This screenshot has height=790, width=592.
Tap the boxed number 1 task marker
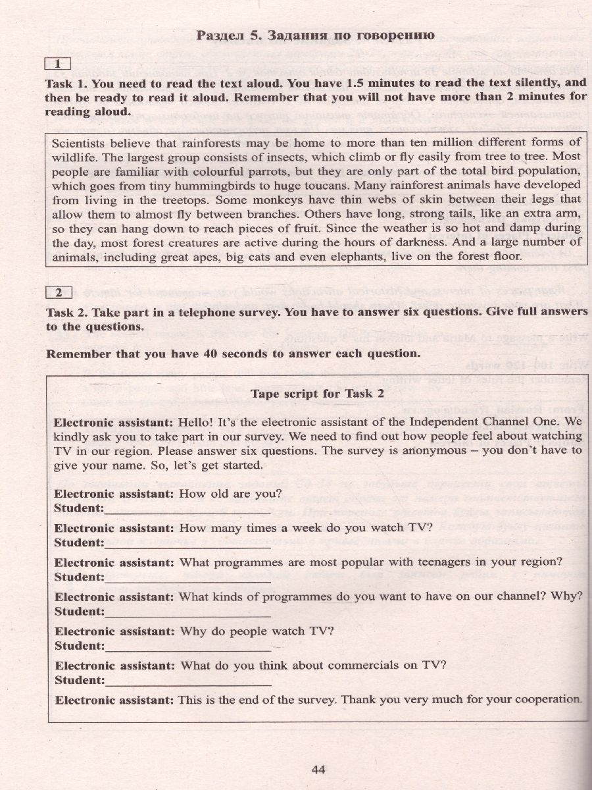[59, 64]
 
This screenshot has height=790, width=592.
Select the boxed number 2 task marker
[59, 292]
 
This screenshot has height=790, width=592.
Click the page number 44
[318, 769]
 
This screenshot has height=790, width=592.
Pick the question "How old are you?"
[230, 493]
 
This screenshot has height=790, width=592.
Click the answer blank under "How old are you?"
[187, 510]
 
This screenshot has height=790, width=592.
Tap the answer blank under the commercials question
[187, 681]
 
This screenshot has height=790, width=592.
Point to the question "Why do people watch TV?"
[257, 631]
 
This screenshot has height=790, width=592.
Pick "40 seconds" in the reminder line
[230, 354]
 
